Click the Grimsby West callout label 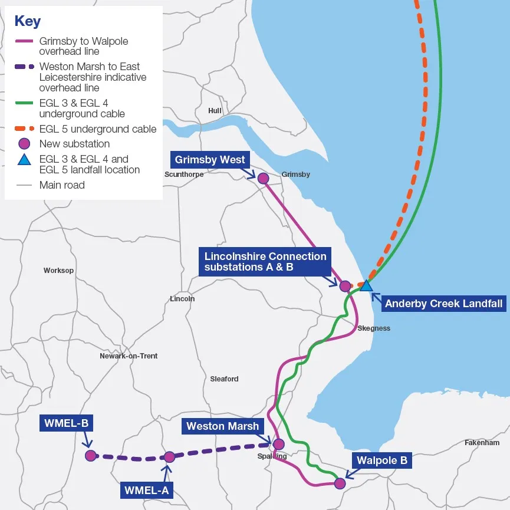[x=210, y=160]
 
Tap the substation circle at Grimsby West [x=263, y=178]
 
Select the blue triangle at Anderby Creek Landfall [x=366, y=285]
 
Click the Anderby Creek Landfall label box [x=443, y=304]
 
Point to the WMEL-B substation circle [x=90, y=455]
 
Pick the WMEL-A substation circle [x=169, y=457]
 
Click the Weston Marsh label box [x=222, y=426]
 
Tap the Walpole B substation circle [x=340, y=483]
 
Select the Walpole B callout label [x=382, y=460]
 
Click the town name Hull [x=215, y=111]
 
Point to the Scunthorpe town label [x=184, y=175]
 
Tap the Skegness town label [x=374, y=328]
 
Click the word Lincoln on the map [x=182, y=299]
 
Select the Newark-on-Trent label [x=129, y=356]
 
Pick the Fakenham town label [x=482, y=443]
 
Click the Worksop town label [x=58, y=271]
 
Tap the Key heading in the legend [x=28, y=21]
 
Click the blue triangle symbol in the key [x=24, y=159]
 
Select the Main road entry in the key [x=62, y=185]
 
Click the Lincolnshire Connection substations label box [x=265, y=262]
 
